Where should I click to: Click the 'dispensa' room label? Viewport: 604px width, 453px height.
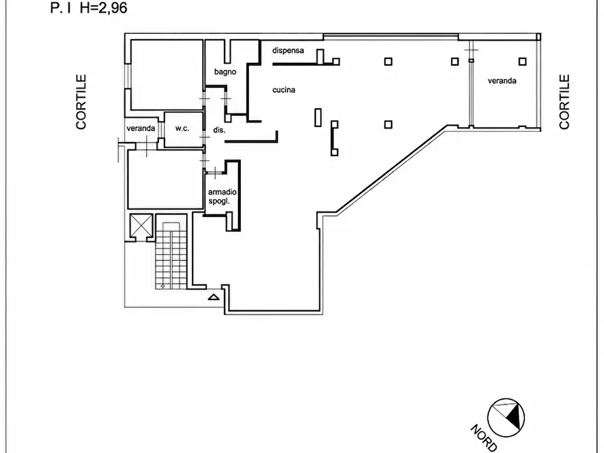point(287,51)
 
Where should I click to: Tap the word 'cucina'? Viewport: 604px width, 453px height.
point(284,90)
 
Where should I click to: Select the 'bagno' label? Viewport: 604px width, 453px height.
point(225,72)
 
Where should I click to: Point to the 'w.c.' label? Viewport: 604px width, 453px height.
point(182,128)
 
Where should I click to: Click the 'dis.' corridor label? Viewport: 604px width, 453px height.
point(219,130)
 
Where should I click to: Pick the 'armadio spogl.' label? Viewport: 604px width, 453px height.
point(223,197)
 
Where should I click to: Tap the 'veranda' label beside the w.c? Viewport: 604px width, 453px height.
point(141,128)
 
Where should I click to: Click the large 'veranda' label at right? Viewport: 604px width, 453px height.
point(502,81)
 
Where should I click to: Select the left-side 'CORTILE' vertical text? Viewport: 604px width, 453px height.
point(81,102)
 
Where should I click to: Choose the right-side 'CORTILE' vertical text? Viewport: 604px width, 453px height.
point(564,102)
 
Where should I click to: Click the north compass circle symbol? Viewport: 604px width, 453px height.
point(506,418)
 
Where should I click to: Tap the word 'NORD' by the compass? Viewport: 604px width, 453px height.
point(484,438)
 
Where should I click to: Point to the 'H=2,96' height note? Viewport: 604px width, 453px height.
point(103,7)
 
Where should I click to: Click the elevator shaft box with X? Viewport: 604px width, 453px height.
point(141,225)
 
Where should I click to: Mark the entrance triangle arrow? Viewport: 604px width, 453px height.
point(214,297)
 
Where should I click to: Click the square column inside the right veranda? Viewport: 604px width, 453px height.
point(522,62)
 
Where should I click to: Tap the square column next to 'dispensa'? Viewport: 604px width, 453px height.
point(336,62)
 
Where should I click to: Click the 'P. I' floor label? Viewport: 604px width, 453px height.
point(60,7)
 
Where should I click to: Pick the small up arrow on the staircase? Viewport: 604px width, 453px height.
point(162,286)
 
